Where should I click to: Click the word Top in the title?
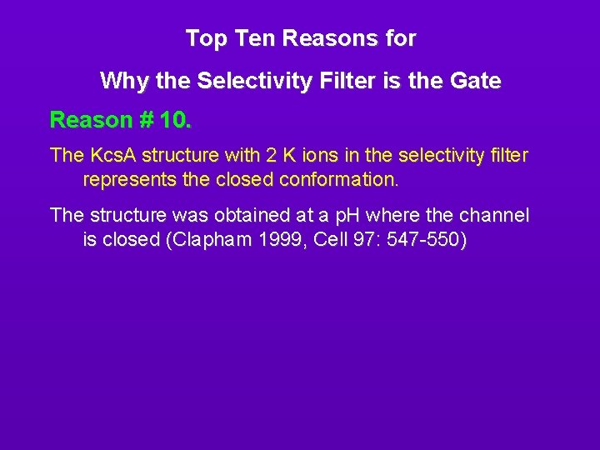(202, 38)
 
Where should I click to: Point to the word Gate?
(476, 82)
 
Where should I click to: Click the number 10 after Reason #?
(175, 120)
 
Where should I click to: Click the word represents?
(127, 179)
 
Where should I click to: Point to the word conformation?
(339, 179)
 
